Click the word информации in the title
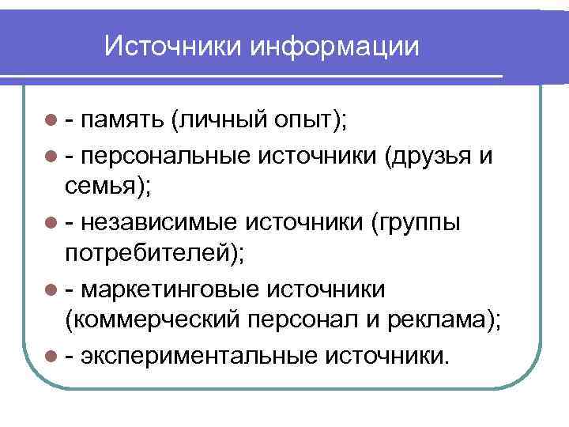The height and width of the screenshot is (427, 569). pos(335,45)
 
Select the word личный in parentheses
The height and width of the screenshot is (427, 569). pos(220,121)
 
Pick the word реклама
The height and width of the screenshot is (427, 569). pos(439,323)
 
